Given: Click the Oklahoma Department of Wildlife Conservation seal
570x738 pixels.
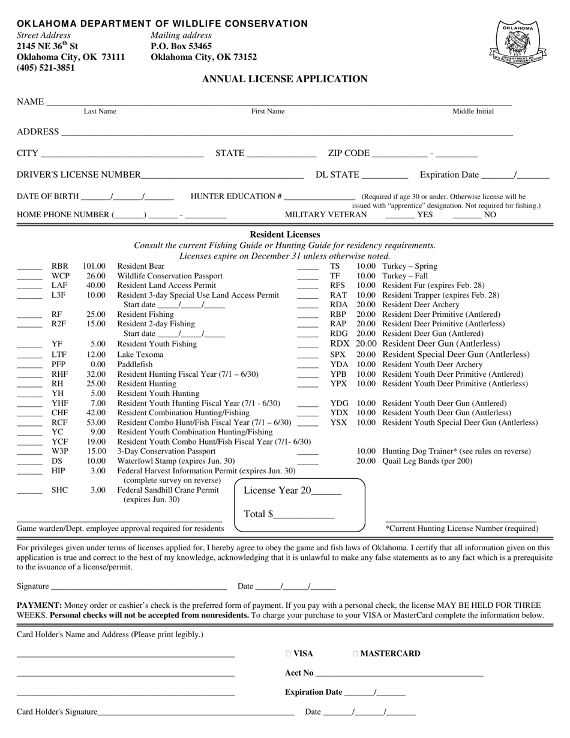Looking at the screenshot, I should point(517,43).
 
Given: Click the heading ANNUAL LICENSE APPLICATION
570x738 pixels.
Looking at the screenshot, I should point(284,79).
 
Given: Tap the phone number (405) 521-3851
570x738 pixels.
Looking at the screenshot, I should point(46,68).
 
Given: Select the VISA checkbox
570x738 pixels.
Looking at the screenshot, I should point(289,654).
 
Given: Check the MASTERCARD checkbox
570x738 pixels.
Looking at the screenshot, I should point(356,654).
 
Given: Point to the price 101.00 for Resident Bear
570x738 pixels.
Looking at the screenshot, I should point(94,266).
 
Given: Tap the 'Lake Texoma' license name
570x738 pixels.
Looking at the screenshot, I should point(140,355).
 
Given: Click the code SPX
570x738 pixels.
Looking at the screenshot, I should point(338,355).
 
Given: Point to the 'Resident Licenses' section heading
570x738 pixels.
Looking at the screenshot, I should point(284,235).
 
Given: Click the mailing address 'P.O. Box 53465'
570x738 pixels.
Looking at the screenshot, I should point(181,46).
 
